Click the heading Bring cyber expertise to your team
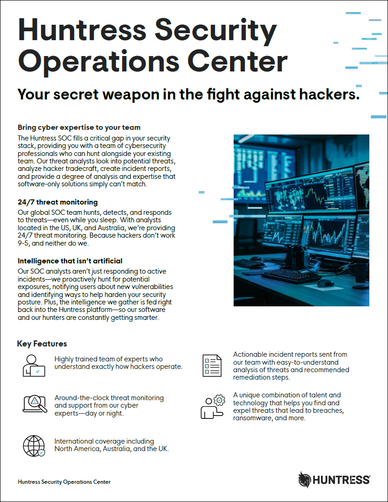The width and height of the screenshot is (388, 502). (79, 127)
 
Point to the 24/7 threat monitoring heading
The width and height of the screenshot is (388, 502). (57, 202)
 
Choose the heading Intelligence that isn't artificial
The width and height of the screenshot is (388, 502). (70, 261)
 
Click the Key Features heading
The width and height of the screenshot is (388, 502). (42, 344)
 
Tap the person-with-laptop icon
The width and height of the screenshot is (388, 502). (34, 365)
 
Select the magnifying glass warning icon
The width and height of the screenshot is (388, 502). (35, 404)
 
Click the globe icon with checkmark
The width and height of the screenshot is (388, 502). (34, 445)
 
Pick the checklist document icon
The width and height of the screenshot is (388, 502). (211, 365)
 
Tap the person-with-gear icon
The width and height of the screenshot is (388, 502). (212, 406)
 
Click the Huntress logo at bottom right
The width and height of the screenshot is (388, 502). (334, 480)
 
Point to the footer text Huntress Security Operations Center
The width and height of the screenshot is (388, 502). (64, 481)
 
